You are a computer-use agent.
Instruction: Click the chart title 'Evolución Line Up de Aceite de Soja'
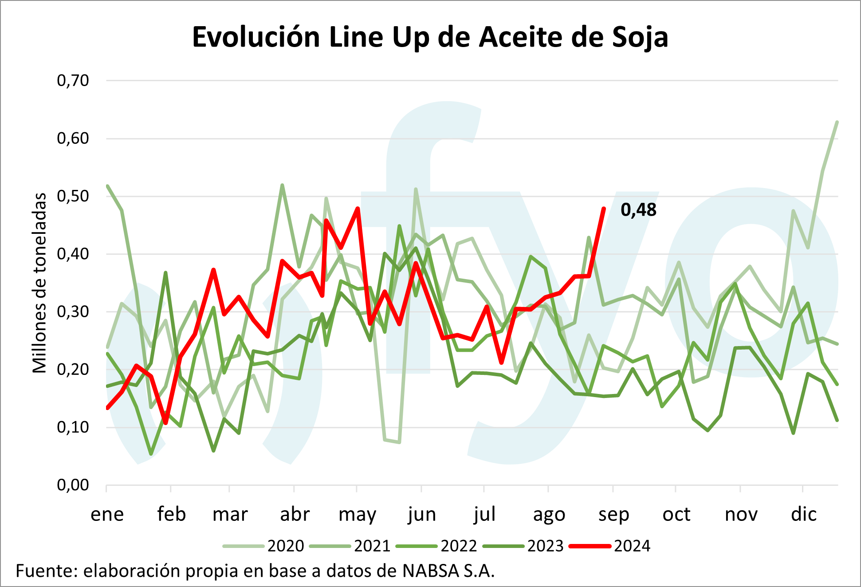point(430,37)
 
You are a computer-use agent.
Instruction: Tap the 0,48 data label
point(638,210)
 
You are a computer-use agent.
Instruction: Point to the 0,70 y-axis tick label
point(73,80)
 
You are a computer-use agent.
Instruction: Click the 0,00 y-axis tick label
point(73,485)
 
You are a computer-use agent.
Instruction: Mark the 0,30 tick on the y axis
point(73,311)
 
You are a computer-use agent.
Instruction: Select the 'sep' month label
point(613,515)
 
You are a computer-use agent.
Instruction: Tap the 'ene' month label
point(107,515)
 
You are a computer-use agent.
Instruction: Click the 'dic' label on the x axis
point(803,515)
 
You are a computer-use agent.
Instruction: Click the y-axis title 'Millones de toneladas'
point(40,283)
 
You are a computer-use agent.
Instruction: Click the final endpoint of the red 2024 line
point(604,208)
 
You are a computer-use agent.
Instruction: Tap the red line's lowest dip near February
point(165,423)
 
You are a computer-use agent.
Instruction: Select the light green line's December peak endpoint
point(837,122)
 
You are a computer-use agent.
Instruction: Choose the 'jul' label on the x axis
point(484,515)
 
